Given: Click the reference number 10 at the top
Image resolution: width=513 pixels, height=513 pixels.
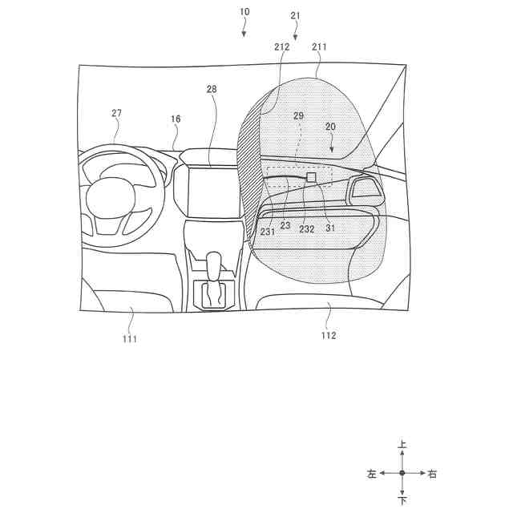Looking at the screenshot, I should click(244, 12).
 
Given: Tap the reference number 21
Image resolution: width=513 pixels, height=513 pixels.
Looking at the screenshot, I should click(295, 15).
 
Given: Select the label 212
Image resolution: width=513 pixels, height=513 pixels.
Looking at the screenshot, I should click(281, 47).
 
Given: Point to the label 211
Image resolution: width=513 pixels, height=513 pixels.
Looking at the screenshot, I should click(319, 47).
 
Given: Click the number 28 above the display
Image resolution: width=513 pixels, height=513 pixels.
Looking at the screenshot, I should click(212, 89).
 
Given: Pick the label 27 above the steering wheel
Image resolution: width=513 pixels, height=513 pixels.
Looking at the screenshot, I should click(116, 113).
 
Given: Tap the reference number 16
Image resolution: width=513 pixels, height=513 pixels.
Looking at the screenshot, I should click(175, 119).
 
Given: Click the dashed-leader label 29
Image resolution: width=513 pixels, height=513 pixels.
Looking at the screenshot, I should click(298, 116).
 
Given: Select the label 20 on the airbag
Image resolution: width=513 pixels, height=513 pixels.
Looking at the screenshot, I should click(330, 127).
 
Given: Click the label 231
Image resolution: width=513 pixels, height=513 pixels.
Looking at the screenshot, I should click(268, 232).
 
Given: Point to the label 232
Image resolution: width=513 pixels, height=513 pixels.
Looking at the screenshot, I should click(306, 229).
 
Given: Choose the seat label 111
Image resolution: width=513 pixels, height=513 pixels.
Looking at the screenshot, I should click(130, 339).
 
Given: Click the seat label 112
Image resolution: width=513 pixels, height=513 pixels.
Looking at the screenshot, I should click(329, 335).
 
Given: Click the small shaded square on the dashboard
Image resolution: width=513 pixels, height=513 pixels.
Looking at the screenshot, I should click(311, 176).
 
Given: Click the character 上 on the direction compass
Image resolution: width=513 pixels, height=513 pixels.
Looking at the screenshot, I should click(402, 444).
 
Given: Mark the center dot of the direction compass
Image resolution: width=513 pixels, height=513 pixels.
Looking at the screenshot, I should click(402, 474).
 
